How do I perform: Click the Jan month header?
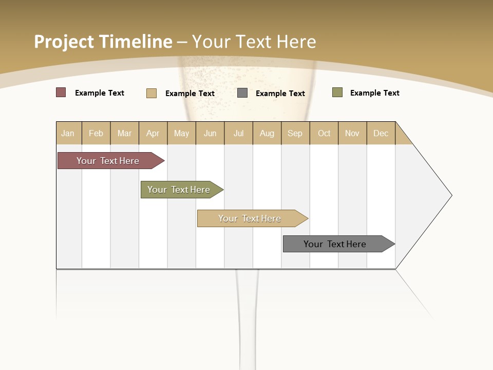pos(68,133)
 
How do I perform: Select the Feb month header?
pos(96,133)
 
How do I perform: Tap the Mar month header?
pos(124,133)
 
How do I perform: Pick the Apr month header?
pos(153,133)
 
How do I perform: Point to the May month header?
pos(181,133)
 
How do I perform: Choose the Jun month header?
pos(210,133)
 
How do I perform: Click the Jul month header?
pos(238,133)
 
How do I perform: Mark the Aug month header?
pos(267,133)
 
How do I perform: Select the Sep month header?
pos(295,133)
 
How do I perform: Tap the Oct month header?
pos(324,133)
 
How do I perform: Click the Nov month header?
pos(352,133)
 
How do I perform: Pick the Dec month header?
pos(381,133)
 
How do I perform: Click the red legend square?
pos(61,92)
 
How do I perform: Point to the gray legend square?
pos(242,93)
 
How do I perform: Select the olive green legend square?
pos(337,92)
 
